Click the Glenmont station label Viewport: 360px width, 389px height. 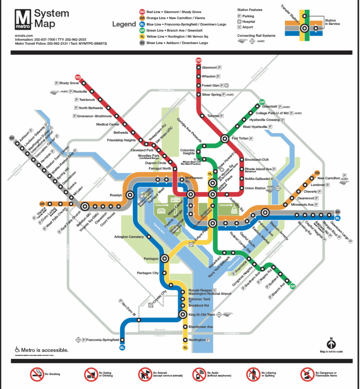210,67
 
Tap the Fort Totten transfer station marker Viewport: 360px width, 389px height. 222,138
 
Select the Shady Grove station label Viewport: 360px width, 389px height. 69,83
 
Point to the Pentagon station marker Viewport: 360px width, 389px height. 165,258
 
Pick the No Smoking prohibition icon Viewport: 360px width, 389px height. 37,374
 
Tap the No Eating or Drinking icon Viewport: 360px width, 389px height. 90,374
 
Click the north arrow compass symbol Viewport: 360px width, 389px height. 331,344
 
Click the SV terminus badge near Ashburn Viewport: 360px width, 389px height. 11,138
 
